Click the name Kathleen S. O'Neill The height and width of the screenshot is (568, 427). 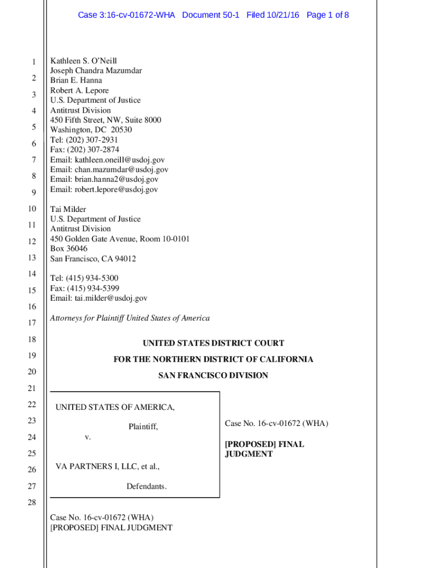tap(84, 60)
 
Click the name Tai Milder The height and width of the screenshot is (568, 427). tap(68, 209)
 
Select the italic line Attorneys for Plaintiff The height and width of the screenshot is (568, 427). tap(130, 318)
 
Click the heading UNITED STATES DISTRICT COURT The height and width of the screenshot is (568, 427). tap(213, 343)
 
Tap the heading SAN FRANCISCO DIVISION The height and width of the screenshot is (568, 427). tap(213, 376)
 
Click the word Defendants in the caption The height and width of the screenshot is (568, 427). tap(146, 486)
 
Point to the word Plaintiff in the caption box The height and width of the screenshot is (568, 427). tap(143, 427)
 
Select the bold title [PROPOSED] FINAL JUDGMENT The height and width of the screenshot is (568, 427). tap(264, 449)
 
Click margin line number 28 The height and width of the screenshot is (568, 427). tap(32, 503)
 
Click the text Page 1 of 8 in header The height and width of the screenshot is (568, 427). tap(327, 15)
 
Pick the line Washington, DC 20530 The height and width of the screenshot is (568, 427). tap(91, 130)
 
